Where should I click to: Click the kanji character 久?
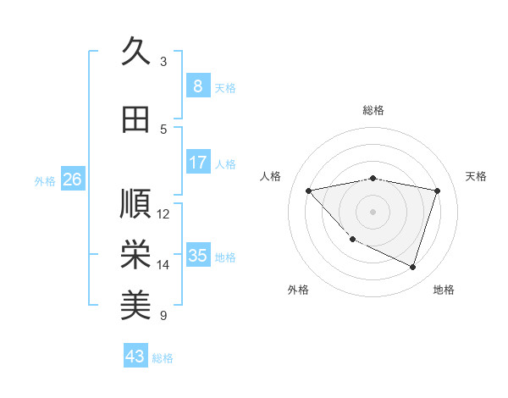pyautogui.click(x=135, y=51)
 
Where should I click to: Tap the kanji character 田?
pyautogui.click(x=135, y=120)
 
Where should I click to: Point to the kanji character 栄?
pyautogui.click(x=135, y=254)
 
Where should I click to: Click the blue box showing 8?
pyautogui.click(x=197, y=86)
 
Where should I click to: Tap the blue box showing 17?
pyautogui.click(x=197, y=163)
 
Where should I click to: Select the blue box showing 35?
pyautogui.click(x=197, y=256)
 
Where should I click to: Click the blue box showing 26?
pyautogui.click(x=72, y=180)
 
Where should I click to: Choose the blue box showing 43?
pyautogui.click(x=135, y=357)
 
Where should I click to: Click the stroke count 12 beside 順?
pyautogui.click(x=164, y=214)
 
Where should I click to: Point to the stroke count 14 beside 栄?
pyautogui.click(x=164, y=265)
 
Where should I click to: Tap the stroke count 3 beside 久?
pyautogui.click(x=163, y=61)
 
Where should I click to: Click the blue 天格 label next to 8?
pyautogui.click(x=225, y=87)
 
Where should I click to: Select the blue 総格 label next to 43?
pyautogui.click(x=163, y=358)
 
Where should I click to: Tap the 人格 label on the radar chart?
pyautogui.click(x=271, y=176)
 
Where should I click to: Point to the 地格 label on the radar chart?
pyautogui.click(x=444, y=290)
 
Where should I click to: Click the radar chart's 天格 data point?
pyautogui.click(x=437, y=191)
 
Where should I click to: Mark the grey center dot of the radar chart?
pyautogui.click(x=373, y=212)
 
